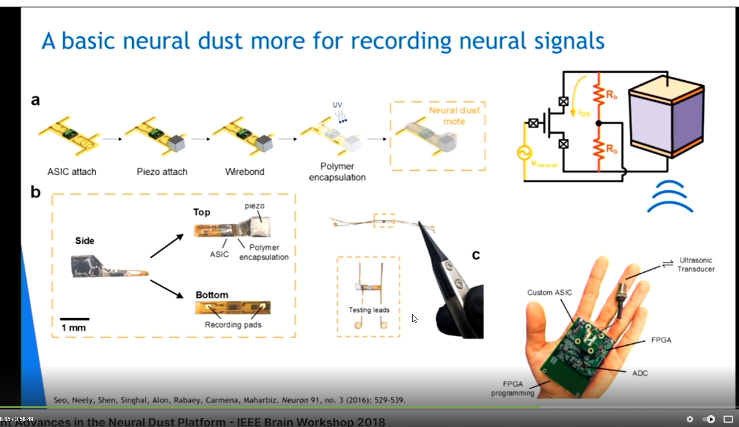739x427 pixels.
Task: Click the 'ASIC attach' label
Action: [x=72, y=172]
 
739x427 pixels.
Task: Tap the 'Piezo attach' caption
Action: [x=162, y=172]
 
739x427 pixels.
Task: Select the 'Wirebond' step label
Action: [x=244, y=172]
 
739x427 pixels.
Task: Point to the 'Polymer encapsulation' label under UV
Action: [x=337, y=172]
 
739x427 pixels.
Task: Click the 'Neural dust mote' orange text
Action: [x=454, y=116]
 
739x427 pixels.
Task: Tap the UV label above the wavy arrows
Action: [x=337, y=105]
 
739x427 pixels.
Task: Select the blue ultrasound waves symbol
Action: [x=670, y=197]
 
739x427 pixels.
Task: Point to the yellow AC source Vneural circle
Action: [x=524, y=153]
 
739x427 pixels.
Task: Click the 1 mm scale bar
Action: [x=74, y=319]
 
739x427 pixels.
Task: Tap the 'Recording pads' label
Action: [x=233, y=325]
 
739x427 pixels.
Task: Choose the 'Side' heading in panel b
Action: [x=85, y=241]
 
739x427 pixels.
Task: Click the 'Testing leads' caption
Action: [x=369, y=310]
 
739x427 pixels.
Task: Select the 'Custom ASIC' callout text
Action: [x=549, y=293]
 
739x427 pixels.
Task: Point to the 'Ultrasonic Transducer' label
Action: [x=695, y=265]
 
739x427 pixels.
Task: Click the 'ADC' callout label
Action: [x=640, y=373]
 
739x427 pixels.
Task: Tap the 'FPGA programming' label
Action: [x=513, y=388]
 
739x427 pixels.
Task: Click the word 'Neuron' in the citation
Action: [x=294, y=400]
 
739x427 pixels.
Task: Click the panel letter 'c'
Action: [x=476, y=255]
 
